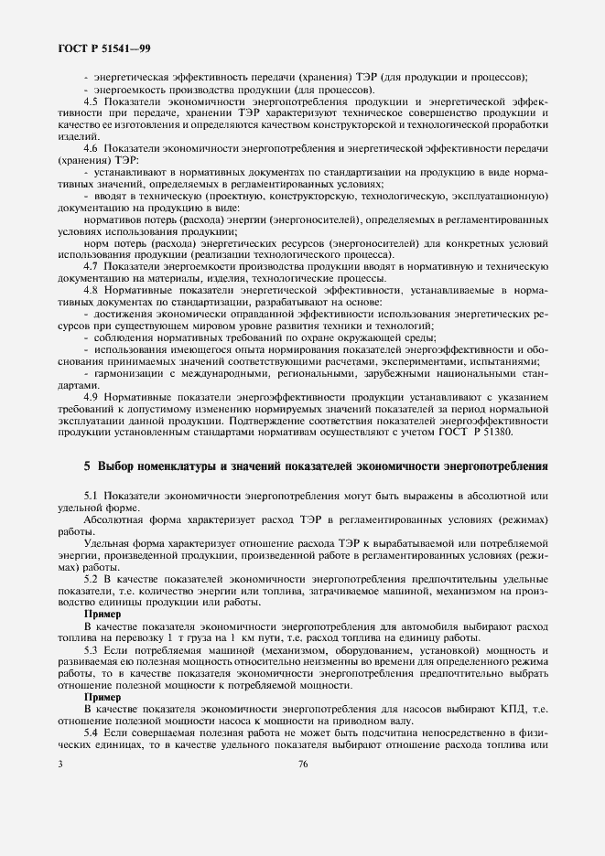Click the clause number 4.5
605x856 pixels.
pyautogui.click(x=90, y=101)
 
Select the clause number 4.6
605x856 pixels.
pyautogui.click(x=90, y=147)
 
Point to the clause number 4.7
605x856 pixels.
pyautogui.click(x=90, y=264)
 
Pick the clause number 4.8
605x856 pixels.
pyautogui.click(x=90, y=289)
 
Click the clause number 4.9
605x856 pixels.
pyautogui.click(x=90, y=396)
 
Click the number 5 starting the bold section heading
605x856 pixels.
pyautogui.click(x=87, y=466)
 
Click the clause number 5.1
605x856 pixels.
pyautogui.click(x=90, y=495)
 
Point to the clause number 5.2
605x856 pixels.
pyautogui.click(x=90, y=579)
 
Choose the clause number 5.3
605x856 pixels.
pyautogui.click(x=90, y=650)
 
